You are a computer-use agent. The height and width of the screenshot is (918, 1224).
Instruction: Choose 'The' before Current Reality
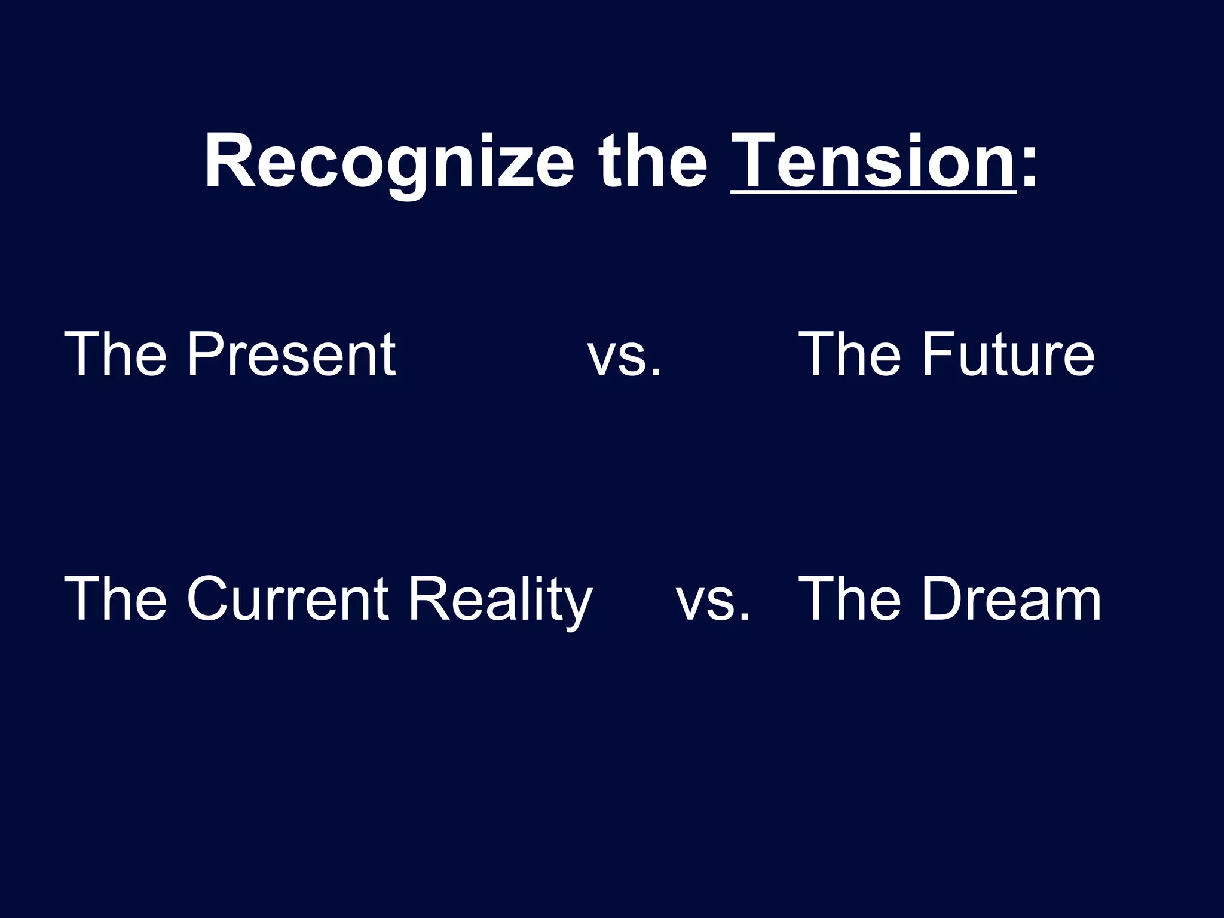tap(115, 599)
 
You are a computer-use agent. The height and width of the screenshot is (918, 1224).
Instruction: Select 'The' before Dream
tap(849, 599)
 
